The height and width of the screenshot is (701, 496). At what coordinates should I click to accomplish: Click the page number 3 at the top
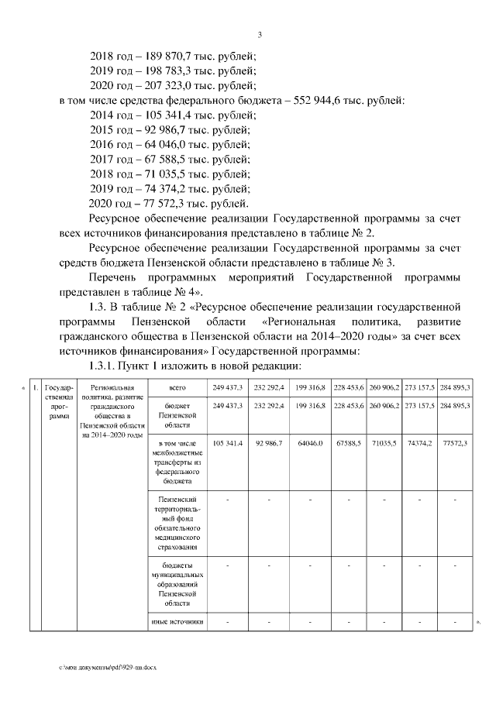[260, 34]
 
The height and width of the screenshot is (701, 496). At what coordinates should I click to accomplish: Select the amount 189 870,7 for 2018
[169, 57]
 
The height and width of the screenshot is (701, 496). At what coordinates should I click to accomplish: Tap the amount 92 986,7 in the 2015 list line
[161, 130]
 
